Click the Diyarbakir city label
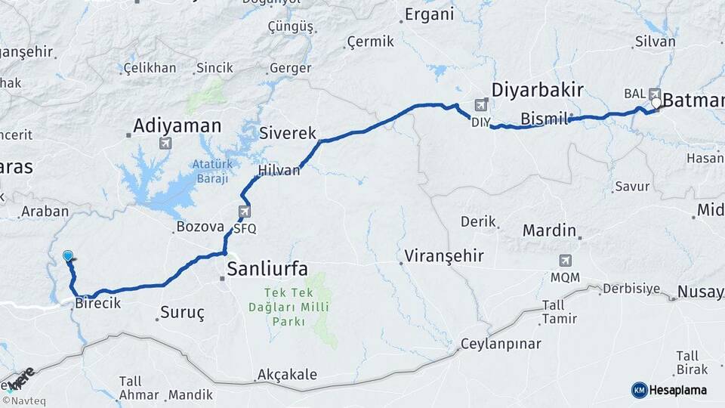tap(537, 91)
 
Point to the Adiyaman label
tap(177, 125)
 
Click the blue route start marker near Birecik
tap(68, 256)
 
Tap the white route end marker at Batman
tap(657, 103)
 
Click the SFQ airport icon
tap(244, 212)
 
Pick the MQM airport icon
tap(565, 261)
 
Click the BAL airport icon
tap(654, 93)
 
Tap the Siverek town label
tap(287, 133)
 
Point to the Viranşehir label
tap(444, 255)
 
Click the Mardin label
tap(549, 230)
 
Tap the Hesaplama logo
tap(669, 390)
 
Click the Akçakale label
tap(287, 375)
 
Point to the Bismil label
tap(544, 119)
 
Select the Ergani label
tap(430, 14)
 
